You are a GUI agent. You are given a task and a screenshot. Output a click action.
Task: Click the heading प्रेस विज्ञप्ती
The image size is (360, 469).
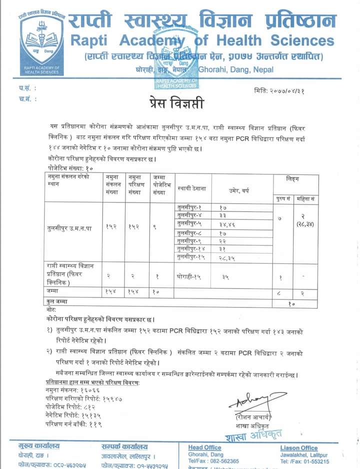[x=176, y=103]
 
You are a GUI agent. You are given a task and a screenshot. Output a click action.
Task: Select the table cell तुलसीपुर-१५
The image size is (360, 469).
[x=190, y=257]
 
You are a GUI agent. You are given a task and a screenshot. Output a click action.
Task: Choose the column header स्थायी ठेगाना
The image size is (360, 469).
[x=192, y=189]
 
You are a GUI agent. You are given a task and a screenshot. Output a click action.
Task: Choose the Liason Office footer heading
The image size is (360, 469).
[x=299, y=447]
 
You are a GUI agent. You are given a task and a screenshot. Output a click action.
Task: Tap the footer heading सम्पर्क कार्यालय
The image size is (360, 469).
[x=124, y=446]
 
